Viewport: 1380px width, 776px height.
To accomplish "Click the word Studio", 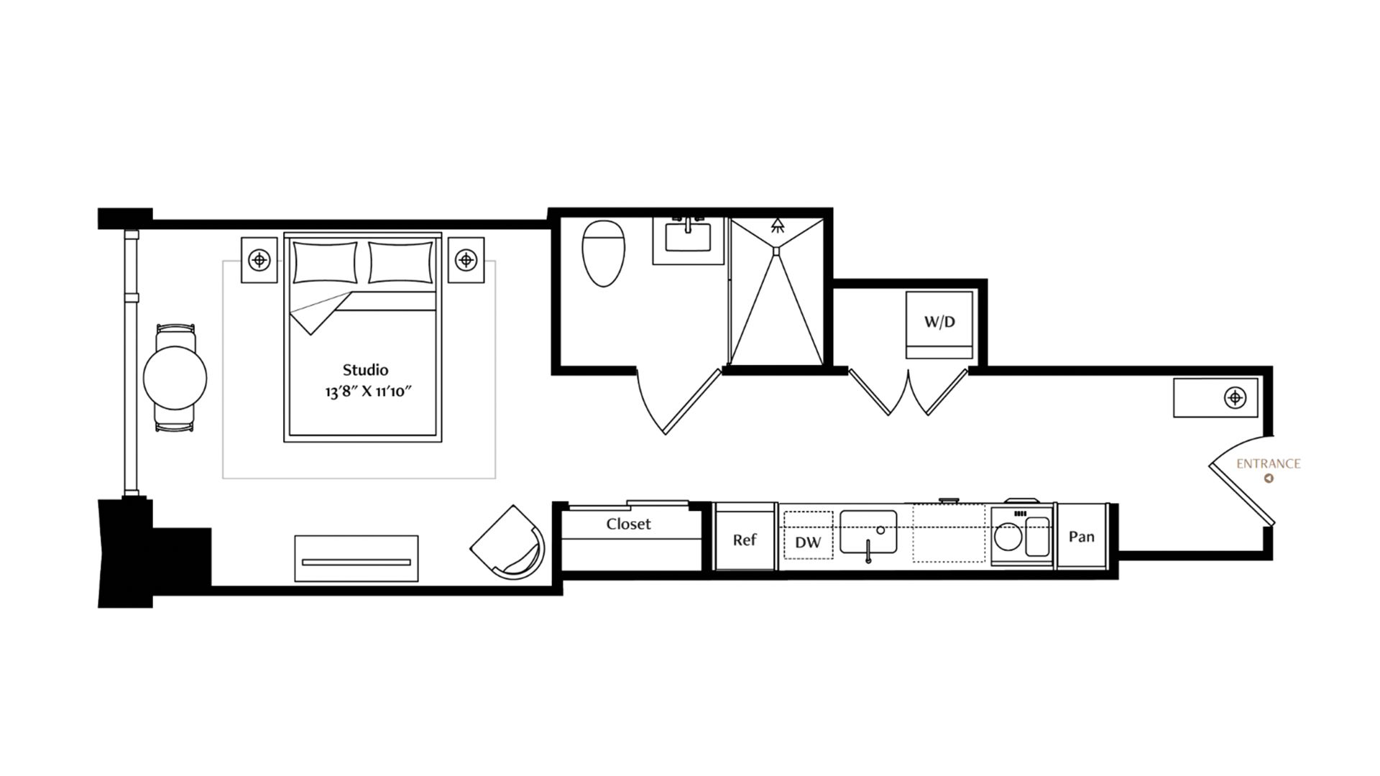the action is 365,370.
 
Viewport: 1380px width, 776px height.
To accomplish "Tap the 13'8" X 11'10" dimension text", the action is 367,392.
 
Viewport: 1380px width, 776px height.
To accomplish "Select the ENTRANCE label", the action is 1268,463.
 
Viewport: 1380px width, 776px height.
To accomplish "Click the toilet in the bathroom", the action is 603,253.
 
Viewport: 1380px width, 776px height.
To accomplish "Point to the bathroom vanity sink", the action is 688,237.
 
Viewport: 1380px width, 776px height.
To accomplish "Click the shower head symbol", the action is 777,226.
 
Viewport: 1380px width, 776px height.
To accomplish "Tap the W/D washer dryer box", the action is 939,325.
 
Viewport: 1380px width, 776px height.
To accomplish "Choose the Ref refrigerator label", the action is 745,540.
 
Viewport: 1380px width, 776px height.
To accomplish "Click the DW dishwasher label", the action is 808,542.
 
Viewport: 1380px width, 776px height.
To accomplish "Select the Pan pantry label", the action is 1082,537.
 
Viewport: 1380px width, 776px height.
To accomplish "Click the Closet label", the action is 628,524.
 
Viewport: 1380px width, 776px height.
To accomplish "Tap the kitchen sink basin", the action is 868,532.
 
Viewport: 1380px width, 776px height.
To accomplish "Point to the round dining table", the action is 175,377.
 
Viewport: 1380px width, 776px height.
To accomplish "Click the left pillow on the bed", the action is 325,263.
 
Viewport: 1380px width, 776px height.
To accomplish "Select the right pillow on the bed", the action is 401,263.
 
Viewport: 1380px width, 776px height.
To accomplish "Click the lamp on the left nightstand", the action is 259,259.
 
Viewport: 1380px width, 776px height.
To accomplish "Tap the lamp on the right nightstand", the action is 466,259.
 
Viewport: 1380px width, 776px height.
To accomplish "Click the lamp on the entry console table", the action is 1235,397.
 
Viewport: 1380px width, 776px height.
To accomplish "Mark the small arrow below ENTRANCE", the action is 1269,479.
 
